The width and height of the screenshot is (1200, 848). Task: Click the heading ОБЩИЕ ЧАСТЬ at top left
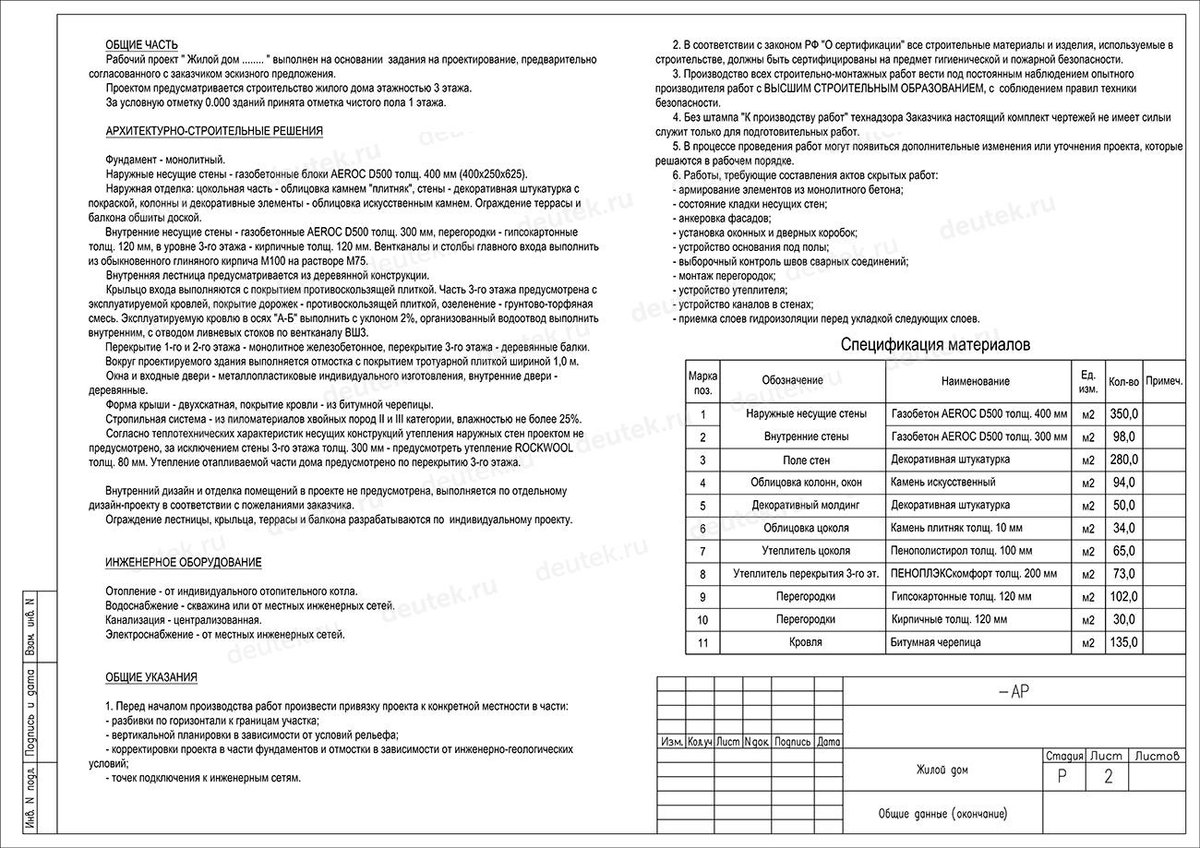coord(141,45)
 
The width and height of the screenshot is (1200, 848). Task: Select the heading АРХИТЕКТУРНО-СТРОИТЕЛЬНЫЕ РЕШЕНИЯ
coord(214,131)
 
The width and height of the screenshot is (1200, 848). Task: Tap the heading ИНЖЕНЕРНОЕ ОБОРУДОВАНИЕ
coord(183,562)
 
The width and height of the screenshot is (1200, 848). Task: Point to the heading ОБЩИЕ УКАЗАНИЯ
coord(151,677)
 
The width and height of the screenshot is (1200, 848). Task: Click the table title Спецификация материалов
coord(935,345)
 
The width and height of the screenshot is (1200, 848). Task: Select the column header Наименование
coord(975,381)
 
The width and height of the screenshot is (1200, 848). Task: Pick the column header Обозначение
coord(792,381)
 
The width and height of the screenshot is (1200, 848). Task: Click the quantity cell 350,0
coord(1123,414)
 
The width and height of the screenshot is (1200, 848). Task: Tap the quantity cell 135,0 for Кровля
coord(1123,642)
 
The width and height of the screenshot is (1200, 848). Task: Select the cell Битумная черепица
coord(936,642)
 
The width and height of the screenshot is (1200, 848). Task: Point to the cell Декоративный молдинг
coord(805,506)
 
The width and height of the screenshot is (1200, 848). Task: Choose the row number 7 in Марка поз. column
coord(702,552)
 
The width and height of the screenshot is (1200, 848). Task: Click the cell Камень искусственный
coord(942,483)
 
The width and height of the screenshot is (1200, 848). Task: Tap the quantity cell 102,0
coord(1123,597)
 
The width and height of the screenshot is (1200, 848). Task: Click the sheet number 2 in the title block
coord(1109,777)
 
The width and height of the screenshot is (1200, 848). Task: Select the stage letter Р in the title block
coord(1062,777)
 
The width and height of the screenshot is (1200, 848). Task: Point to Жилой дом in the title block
coord(942,770)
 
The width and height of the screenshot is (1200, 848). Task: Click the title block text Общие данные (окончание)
coord(942,814)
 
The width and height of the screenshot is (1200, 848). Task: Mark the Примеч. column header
coord(1164,381)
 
